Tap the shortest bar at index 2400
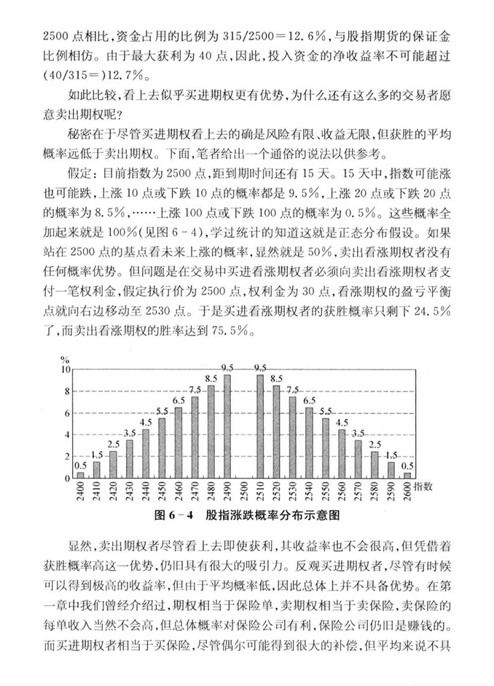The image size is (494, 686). tap(80, 475)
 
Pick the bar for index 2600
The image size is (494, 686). tap(407, 475)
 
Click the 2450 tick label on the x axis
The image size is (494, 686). tap(162, 492)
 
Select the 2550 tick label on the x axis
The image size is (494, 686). tap(326, 492)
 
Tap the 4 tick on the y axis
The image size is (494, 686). tap(66, 435)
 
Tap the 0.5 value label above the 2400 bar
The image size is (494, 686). tap(80, 466)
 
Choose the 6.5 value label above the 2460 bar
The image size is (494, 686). tap(179, 400)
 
